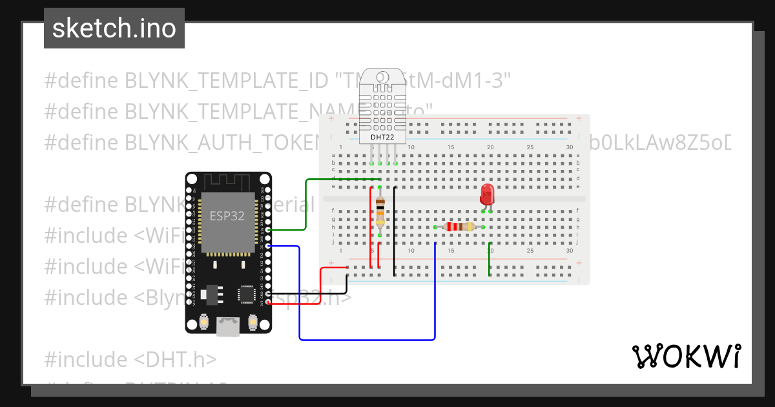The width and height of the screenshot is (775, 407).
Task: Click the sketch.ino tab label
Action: click(x=114, y=28)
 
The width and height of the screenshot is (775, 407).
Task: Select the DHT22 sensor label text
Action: click(x=382, y=137)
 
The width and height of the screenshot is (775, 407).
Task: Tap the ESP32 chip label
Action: click(x=227, y=216)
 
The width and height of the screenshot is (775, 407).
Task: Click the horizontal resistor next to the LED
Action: click(x=459, y=227)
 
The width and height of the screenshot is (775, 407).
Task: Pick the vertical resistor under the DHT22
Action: click(x=380, y=211)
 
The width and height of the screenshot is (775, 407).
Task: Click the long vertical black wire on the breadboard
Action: click(x=395, y=233)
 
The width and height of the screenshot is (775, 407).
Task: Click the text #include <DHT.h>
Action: click(x=131, y=359)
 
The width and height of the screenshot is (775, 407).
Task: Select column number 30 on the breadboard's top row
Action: click(x=569, y=148)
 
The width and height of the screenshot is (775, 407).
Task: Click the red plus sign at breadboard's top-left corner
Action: click(x=331, y=120)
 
